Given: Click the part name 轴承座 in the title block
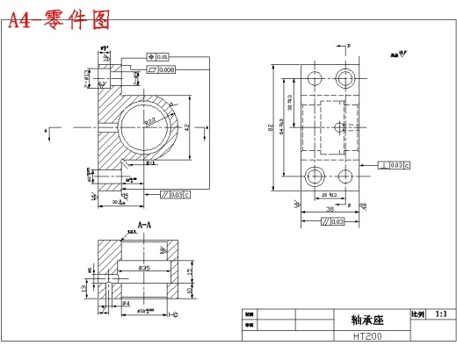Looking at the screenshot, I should point(350,320).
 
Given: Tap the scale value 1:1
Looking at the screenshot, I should point(440,313).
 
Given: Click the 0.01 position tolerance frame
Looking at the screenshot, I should point(158,57).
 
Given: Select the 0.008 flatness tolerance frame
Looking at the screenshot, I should point(163,68).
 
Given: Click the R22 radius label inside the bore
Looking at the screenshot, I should point(151,121).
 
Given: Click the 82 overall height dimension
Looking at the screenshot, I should point(271,128).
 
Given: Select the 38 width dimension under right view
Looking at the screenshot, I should point(329,210).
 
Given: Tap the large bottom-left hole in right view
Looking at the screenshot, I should point(314,178).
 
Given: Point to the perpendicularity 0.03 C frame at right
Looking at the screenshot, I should point(395,164).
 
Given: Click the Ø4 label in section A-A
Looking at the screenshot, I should point(127,304).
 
